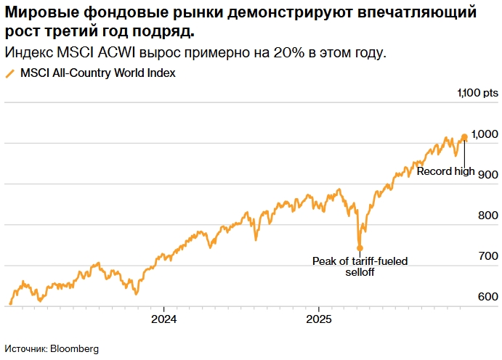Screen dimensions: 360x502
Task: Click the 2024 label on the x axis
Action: [x=163, y=319]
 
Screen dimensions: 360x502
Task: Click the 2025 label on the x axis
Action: [x=319, y=319]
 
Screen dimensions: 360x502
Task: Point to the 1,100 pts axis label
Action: [x=478, y=93]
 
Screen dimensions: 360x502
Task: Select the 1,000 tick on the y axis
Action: [x=484, y=134]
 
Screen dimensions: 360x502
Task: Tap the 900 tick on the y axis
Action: [x=487, y=175]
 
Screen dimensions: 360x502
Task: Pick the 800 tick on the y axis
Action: [x=487, y=216]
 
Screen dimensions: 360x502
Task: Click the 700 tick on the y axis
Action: [x=487, y=256]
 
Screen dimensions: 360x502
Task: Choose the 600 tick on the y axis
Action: [x=487, y=297]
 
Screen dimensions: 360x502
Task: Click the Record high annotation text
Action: [x=445, y=171]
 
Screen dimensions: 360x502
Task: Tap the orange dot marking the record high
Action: [x=464, y=137]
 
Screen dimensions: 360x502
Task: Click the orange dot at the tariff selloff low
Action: [x=360, y=247]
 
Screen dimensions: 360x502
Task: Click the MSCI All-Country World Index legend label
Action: [x=97, y=73]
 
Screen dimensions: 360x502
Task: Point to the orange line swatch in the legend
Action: [x=9, y=73]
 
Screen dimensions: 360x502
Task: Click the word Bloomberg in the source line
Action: [x=74, y=348]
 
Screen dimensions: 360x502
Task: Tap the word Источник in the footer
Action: [x=25, y=348]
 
